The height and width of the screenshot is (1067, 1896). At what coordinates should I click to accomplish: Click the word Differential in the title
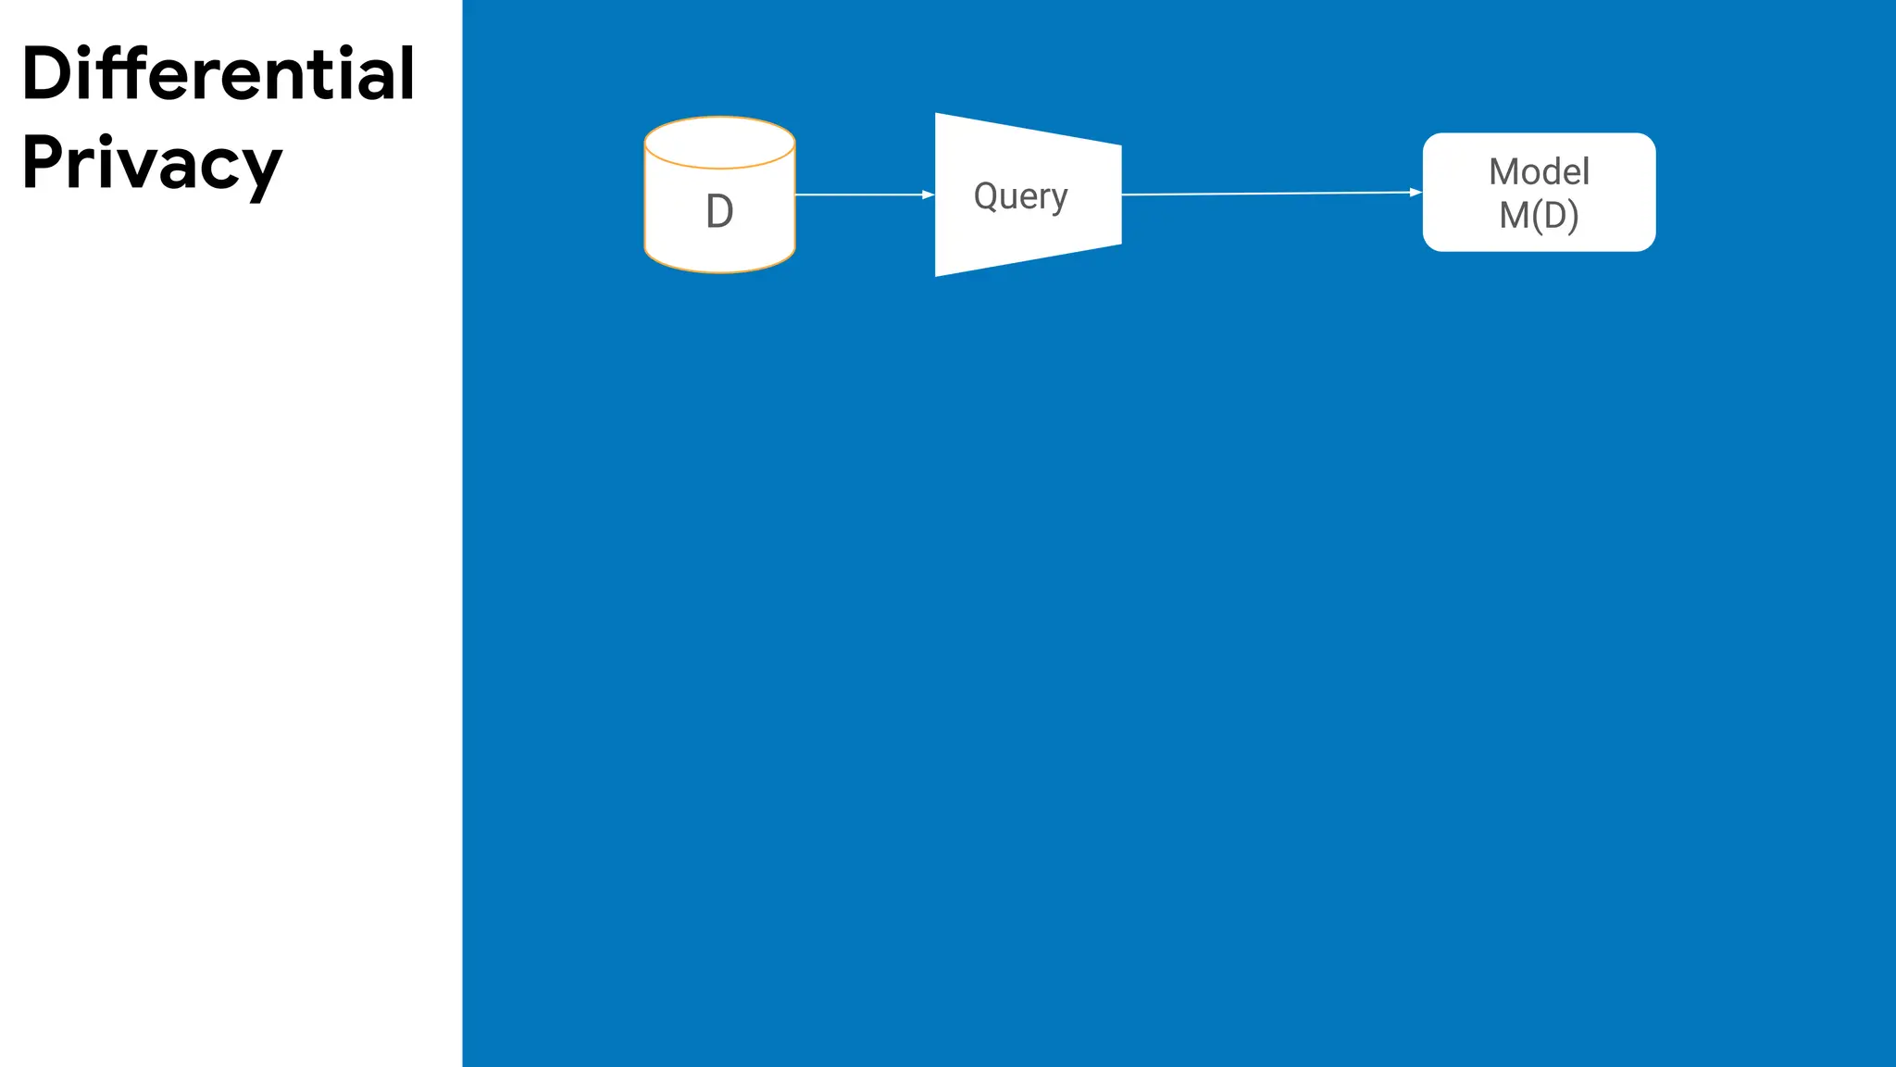[218, 74]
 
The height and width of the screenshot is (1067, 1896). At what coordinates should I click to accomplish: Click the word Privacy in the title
[151, 164]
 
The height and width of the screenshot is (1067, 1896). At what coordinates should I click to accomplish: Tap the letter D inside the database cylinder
[719, 212]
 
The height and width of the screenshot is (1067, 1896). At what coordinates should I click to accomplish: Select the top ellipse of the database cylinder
[719, 143]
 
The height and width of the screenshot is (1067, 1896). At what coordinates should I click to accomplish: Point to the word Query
[1020, 196]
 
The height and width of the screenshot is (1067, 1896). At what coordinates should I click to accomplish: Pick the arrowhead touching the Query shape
[929, 195]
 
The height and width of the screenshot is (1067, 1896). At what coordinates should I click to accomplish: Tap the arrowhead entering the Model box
[1416, 193]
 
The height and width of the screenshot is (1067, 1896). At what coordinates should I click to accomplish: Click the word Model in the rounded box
[1539, 171]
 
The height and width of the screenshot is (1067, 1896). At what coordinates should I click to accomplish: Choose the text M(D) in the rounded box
[1539, 215]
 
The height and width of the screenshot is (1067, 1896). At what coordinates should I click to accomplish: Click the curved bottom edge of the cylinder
[719, 271]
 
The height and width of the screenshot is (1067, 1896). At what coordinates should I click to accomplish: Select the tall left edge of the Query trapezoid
[936, 195]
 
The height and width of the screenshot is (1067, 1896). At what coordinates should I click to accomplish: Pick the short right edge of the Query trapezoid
[1121, 195]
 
